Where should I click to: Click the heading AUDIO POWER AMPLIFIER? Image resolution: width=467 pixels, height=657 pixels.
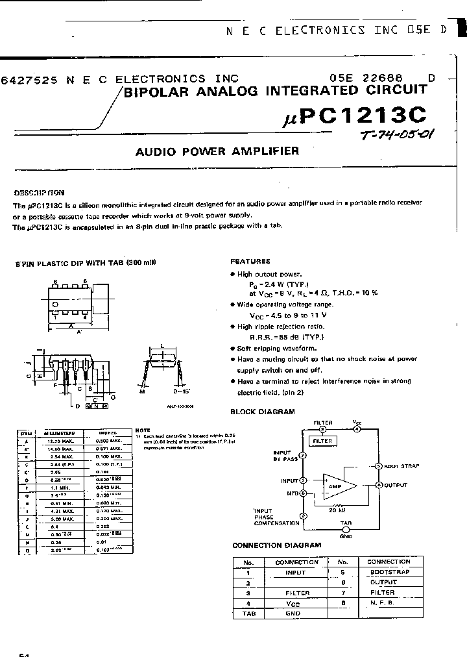pyautogui.click(x=217, y=151)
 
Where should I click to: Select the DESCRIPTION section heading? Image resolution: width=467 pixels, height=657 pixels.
pyautogui.click(x=40, y=192)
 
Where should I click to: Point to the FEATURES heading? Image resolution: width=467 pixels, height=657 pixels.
pyautogui.click(x=250, y=262)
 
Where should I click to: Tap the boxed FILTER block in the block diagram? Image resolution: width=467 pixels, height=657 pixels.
pyautogui.click(x=322, y=441)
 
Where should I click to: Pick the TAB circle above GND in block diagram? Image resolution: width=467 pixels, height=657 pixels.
pyautogui.click(x=344, y=528)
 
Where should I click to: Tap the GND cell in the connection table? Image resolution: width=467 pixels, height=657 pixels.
pyautogui.click(x=293, y=613)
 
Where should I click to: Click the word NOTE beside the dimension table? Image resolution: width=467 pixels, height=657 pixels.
pyautogui.click(x=143, y=430)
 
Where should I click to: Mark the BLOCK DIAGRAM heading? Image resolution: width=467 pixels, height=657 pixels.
pyautogui.click(x=263, y=412)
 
